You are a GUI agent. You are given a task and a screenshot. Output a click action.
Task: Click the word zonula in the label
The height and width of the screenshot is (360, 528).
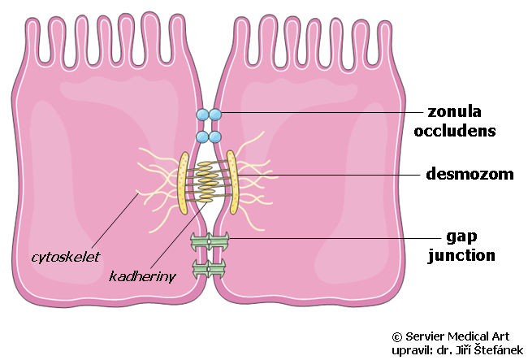(454, 112)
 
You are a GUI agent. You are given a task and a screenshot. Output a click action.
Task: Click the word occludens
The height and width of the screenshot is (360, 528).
(455, 131)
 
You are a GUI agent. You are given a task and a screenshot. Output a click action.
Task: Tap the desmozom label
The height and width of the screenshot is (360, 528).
(470, 174)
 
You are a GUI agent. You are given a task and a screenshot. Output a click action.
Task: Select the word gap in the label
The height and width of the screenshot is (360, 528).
(461, 237)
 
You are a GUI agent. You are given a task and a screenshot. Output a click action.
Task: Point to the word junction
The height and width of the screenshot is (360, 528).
(461, 256)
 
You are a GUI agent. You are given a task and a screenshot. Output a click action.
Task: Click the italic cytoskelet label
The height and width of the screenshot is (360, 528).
(66, 258)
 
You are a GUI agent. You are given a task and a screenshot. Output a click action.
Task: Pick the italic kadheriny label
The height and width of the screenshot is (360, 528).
(142, 276)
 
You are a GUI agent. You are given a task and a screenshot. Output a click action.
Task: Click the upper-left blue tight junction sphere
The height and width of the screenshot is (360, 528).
(202, 115)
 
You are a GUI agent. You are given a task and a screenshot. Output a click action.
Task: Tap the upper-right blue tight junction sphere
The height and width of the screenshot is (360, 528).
(215, 115)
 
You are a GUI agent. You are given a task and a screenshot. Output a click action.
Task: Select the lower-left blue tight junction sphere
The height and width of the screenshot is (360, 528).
(202, 137)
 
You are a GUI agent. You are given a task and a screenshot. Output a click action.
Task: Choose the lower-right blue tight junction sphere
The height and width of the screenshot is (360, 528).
(215, 137)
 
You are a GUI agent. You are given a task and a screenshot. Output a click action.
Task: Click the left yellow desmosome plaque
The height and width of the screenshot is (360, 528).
(184, 183)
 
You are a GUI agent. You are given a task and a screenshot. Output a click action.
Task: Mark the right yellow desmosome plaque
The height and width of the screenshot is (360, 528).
(232, 182)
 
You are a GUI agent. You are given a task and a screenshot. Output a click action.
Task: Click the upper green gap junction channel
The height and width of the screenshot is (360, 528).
(210, 241)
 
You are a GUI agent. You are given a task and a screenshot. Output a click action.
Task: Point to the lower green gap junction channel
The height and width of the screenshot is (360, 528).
(210, 268)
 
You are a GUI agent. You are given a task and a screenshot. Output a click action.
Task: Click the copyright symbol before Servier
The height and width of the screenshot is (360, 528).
(397, 336)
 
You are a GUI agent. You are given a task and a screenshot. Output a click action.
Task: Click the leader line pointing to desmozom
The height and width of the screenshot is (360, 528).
(329, 175)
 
